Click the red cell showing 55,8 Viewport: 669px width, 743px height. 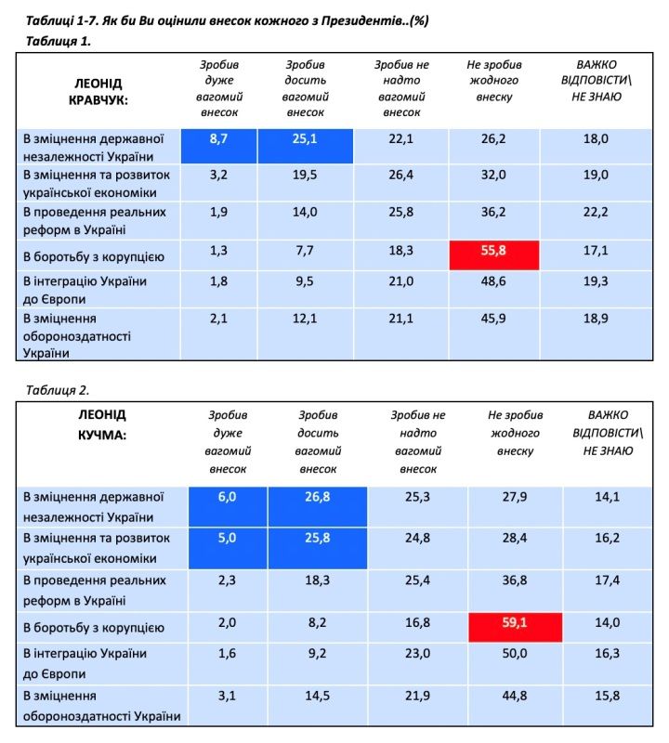pyautogui.click(x=495, y=253)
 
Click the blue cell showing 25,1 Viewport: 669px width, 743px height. pyautogui.click(x=305, y=138)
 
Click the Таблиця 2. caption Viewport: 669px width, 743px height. pyautogui.click(x=58, y=388)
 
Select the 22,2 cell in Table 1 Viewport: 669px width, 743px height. pyautogui.click(x=597, y=212)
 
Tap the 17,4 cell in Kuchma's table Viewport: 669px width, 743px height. pyautogui.click(x=609, y=580)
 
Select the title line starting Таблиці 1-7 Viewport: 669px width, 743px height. pyautogui.click(x=221, y=19)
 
